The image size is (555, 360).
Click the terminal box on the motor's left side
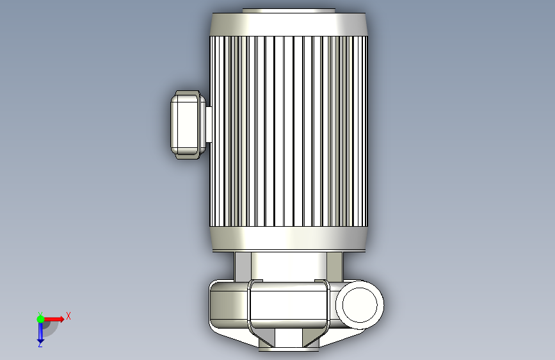188,125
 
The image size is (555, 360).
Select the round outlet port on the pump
360,305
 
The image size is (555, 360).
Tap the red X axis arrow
54,319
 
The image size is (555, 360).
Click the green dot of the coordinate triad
41,319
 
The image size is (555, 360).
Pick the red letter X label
68,316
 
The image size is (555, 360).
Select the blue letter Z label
40,344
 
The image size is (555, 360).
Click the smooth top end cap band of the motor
289,24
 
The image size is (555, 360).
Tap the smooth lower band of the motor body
289,239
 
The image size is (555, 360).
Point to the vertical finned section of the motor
289,131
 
